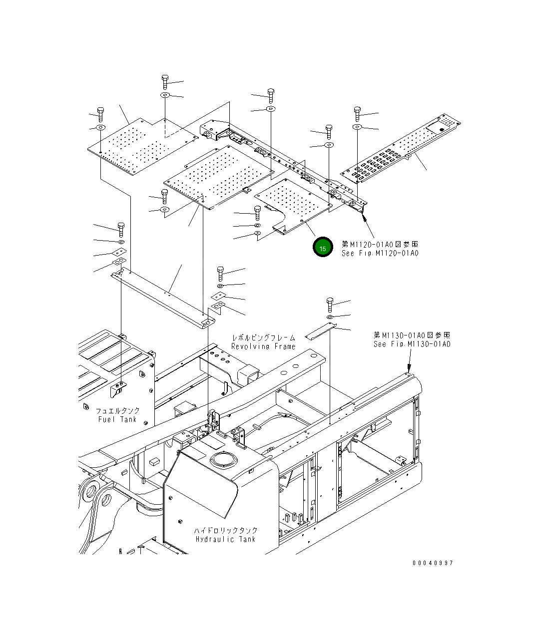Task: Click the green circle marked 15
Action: point(323,248)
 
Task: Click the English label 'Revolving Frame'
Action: point(263,346)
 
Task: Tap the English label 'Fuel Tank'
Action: point(117,419)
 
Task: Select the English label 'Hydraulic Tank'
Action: point(226,539)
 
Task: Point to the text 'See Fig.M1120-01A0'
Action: point(380,253)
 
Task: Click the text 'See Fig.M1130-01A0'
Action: point(412,344)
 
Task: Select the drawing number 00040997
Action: point(433,563)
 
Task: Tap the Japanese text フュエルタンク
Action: point(118,410)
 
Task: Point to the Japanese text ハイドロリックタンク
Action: point(226,530)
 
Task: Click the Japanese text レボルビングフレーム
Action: point(263,338)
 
